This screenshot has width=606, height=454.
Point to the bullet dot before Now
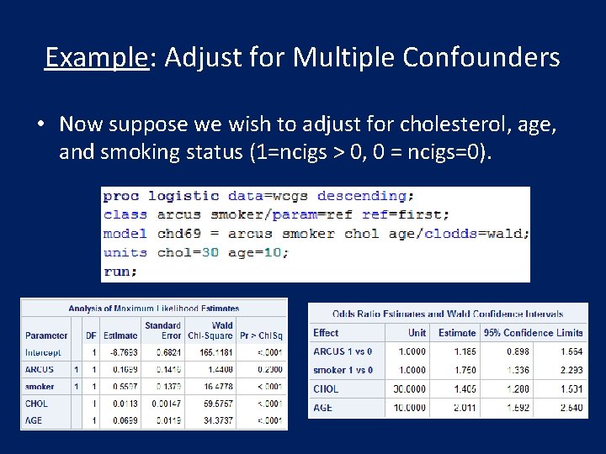pos(40,124)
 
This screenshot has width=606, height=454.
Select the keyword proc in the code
pos(121,196)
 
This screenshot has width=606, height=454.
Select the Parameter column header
pos(46,335)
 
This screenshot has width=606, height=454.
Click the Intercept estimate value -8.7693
pos(120,352)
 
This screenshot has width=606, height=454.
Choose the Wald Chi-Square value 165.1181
pos(210,352)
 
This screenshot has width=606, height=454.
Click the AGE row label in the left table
pos(34,420)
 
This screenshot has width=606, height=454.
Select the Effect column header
pos(326,333)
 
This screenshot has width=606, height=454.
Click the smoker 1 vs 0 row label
pos(343,370)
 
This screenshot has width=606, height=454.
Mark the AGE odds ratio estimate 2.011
pos(458,408)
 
